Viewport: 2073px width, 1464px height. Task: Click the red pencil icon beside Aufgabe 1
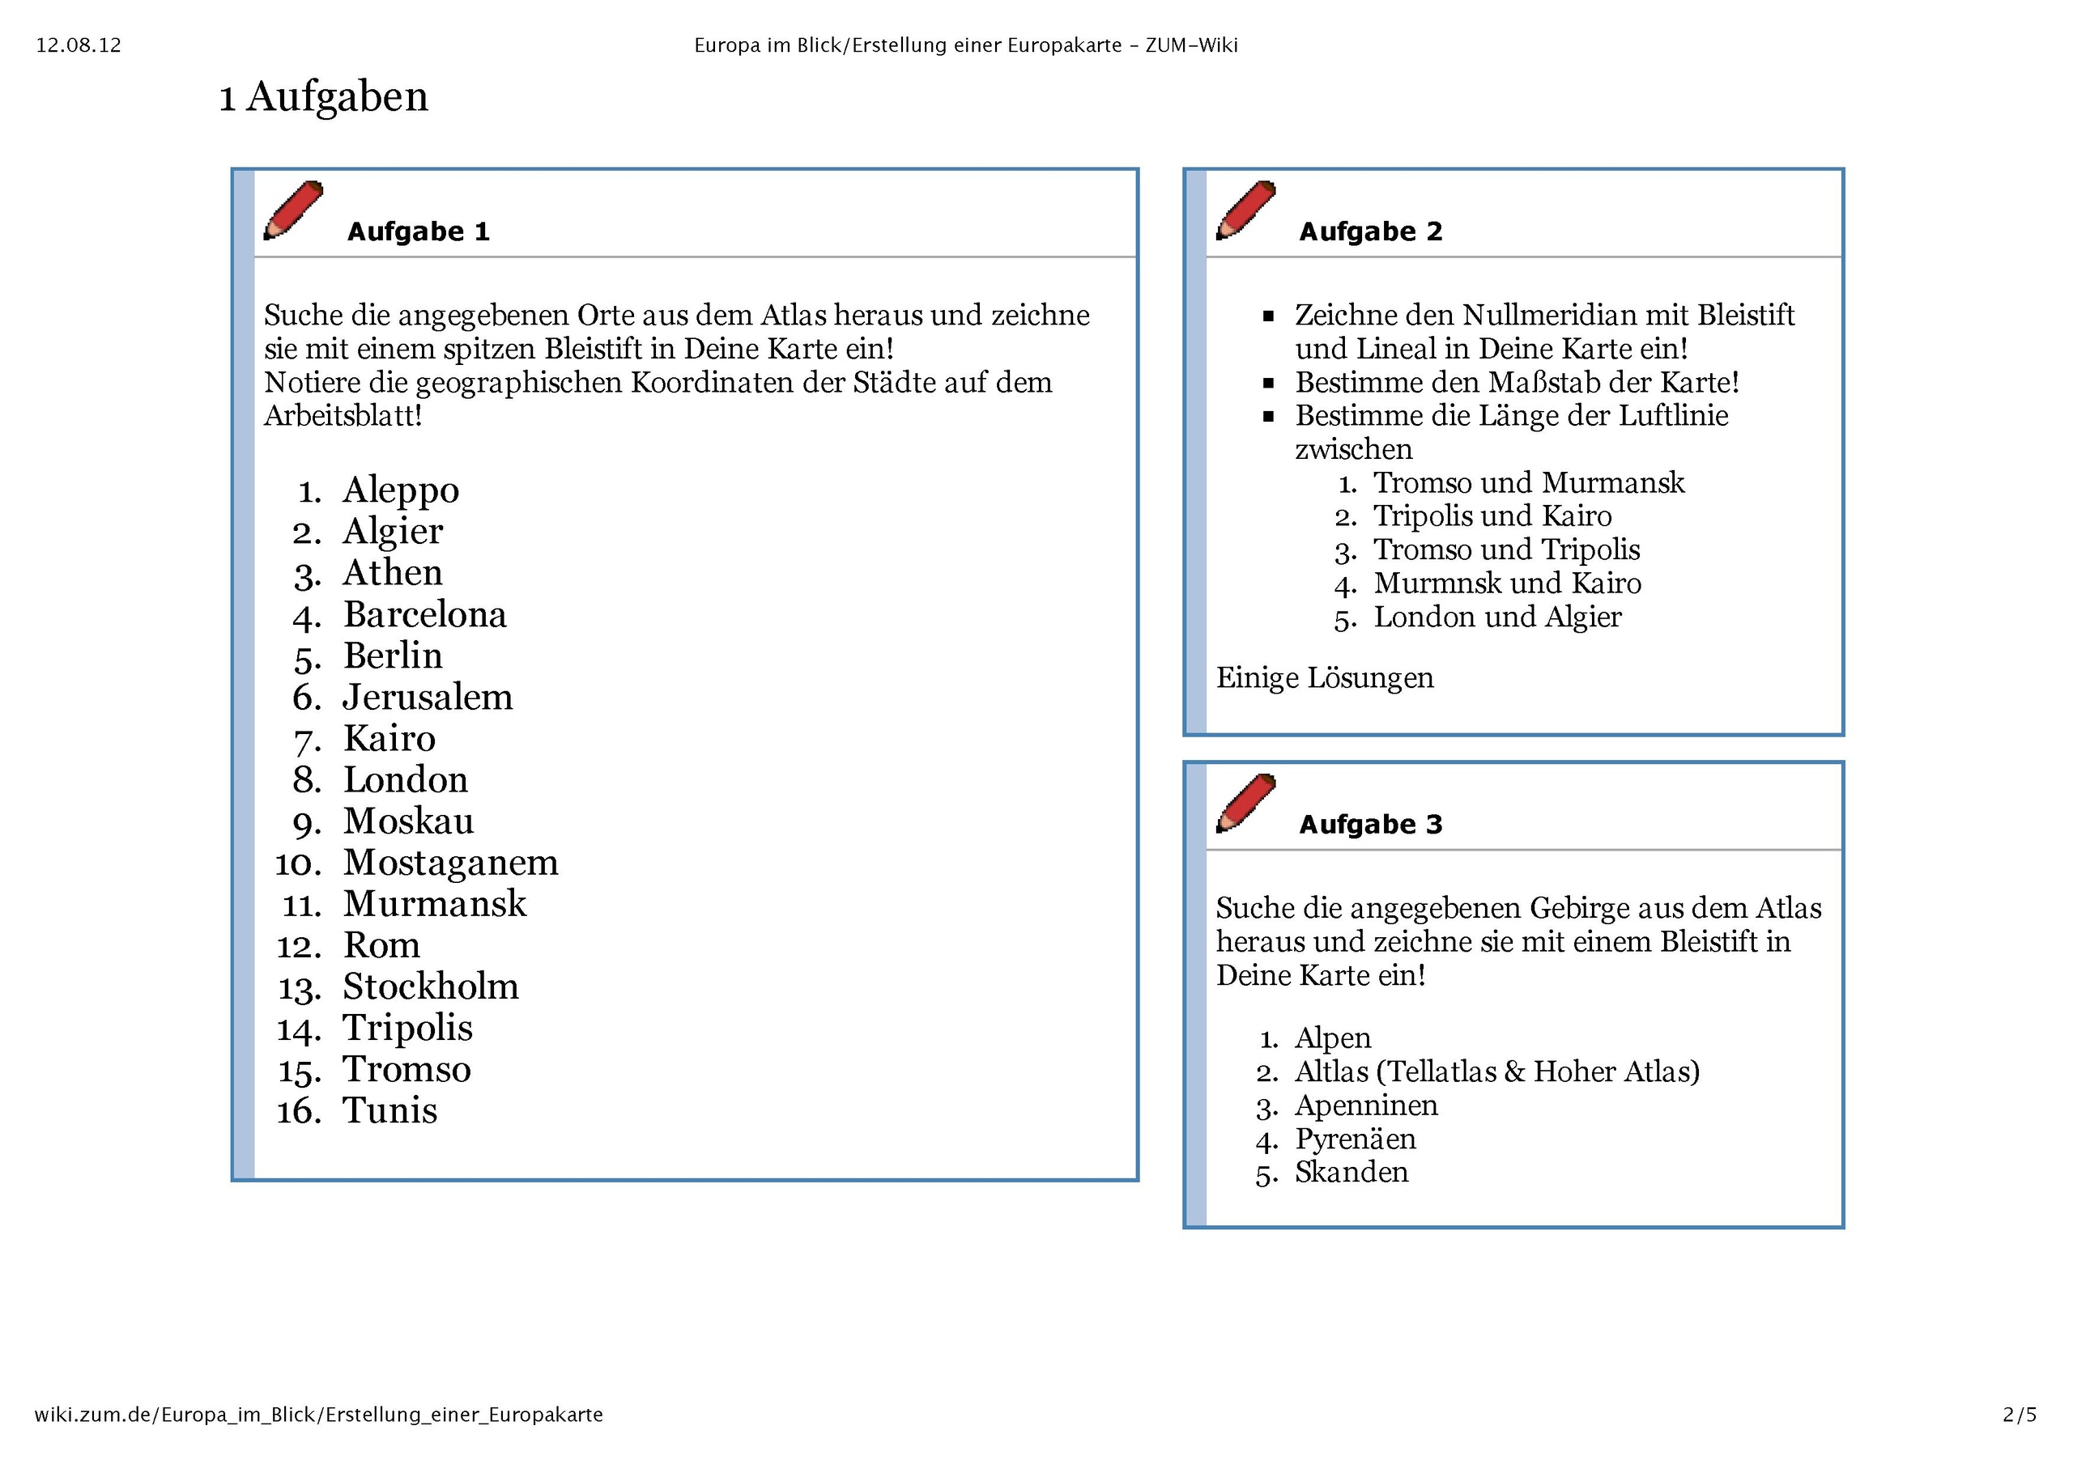click(x=292, y=210)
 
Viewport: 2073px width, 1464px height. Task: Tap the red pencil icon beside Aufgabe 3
click(x=1245, y=802)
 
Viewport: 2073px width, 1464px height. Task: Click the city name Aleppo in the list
click(x=401, y=490)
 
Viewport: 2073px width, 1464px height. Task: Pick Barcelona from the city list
click(x=424, y=615)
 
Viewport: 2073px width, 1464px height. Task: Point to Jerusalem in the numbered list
click(x=427, y=697)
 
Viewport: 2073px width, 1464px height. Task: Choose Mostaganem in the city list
click(x=450, y=863)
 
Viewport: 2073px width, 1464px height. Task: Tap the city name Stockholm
click(x=431, y=987)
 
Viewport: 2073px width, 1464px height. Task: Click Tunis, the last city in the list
click(x=389, y=1110)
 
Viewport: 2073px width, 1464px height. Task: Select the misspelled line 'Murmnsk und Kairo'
click(x=1507, y=584)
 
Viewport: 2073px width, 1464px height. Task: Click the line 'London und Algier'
click(x=1497, y=617)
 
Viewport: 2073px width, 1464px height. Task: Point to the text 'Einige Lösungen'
click(x=1324, y=678)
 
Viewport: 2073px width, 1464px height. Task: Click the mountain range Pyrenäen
click(x=1356, y=1139)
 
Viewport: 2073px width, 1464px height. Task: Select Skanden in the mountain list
click(x=1351, y=1173)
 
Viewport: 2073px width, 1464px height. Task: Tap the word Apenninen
click(x=1366, y=1105)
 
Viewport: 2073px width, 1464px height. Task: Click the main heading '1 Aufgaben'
click(x=323, y=96)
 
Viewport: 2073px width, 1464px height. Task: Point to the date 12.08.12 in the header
click(x=79, y=45)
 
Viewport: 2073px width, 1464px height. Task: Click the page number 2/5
click(x=2020, y=1415)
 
